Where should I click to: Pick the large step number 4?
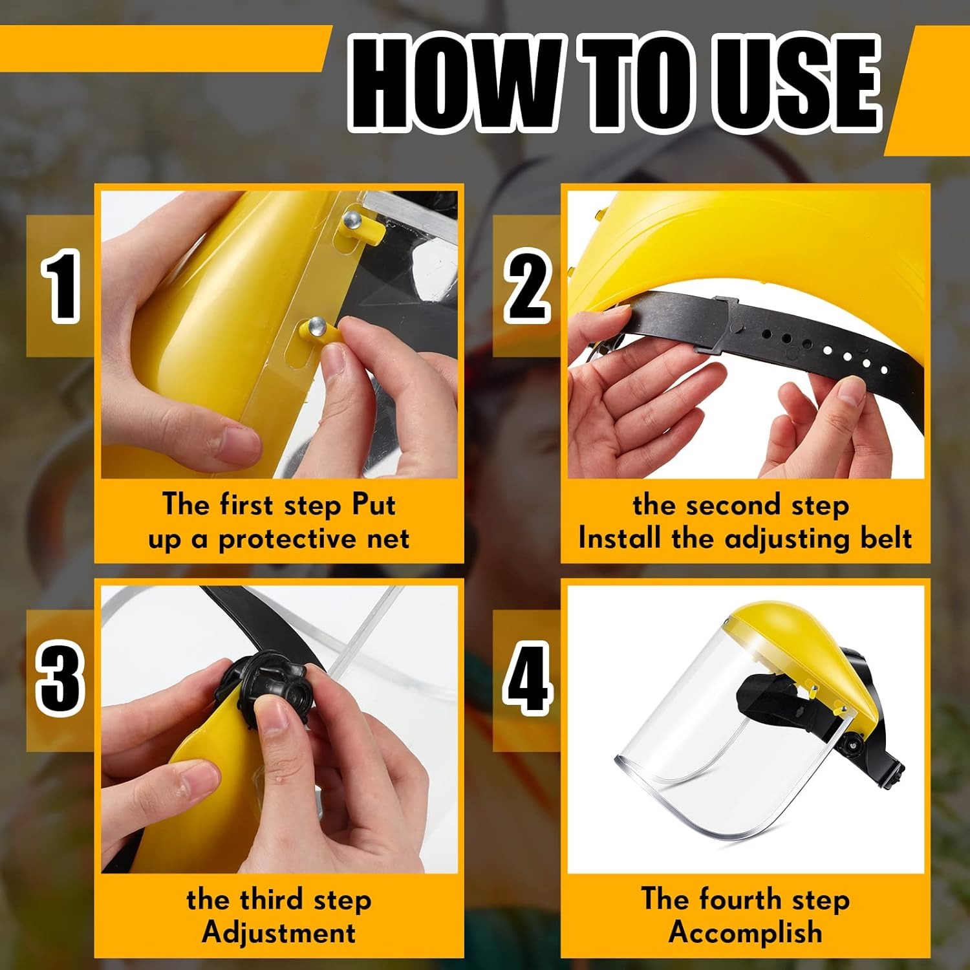[528, 680]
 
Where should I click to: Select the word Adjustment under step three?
[279, 933]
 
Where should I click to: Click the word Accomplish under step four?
[746, 933]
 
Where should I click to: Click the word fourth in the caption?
[741, 900]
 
